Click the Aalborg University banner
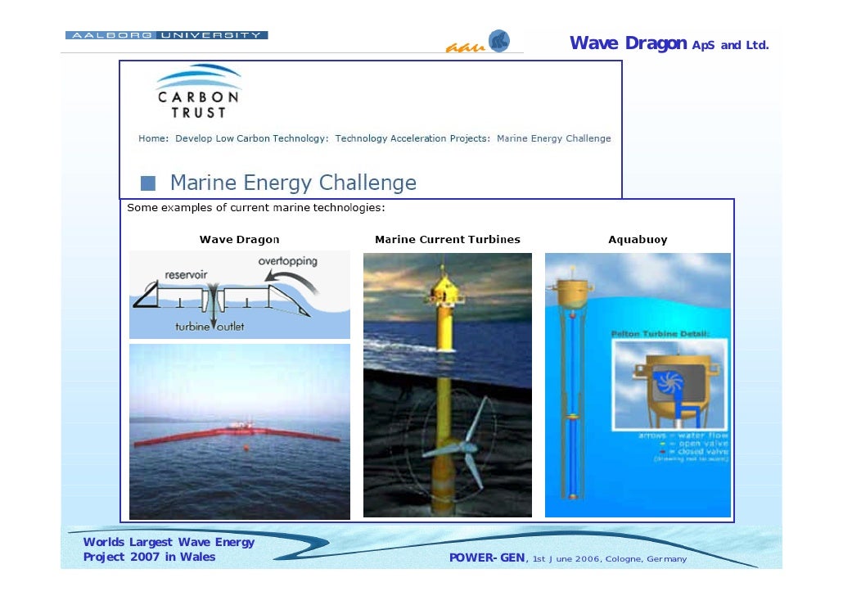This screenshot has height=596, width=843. pyautogui.click(x=166, y=35)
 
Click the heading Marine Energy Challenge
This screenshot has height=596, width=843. pyautogui.click(x=293, y=182)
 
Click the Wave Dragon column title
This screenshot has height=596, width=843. pyautogui.click(x=239, y=240)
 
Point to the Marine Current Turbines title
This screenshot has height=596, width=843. pyautogui.click(x=447, y=240)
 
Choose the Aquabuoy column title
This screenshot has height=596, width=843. pyautogui.click(x=638, y=240)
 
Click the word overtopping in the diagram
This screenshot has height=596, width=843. pyautogui.click(x=287, y=261)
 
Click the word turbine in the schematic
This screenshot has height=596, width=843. pyautogui.click(x=192, y=327)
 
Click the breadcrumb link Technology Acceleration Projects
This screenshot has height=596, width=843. pyautogui.click(x=412, y=138)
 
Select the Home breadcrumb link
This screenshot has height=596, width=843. pyautogui.click(x=153, y=138)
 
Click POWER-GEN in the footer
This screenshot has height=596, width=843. pyautogui.click(x=488, y=559)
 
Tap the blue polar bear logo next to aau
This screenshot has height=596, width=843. pyautogui.click(x=498, y=41)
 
